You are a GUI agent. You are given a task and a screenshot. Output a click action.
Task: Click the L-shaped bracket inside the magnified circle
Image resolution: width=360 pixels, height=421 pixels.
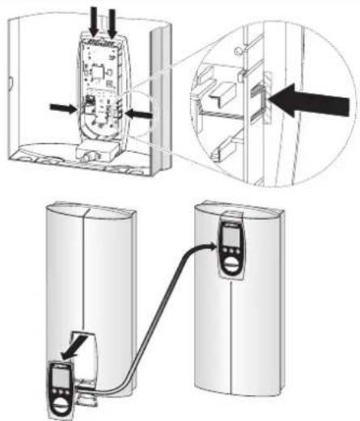tap(214, 99)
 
